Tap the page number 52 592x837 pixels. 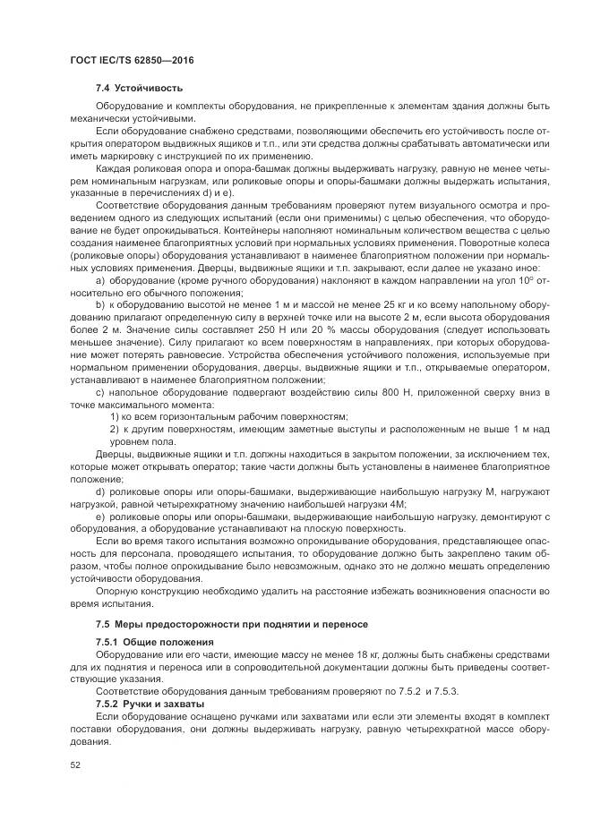[74, 765]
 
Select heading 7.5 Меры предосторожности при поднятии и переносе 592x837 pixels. [231, 623]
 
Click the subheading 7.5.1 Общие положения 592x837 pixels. [155, 643]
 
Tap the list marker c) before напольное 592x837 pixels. [100, 393]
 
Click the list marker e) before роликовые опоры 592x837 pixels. [100, 517]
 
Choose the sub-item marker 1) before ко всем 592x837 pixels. [116, 417]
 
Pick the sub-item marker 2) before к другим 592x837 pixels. [116, 430]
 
